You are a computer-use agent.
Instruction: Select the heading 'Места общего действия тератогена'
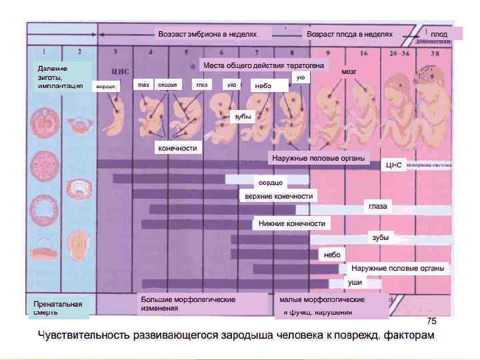[263, 65]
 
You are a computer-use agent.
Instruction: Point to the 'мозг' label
[349, 71]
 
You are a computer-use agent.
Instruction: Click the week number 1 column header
[44, 51]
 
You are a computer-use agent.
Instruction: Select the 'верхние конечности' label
[279, 196]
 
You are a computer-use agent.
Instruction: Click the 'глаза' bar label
[378, 207]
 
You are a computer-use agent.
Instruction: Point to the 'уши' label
[355, 283]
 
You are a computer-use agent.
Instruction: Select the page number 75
[431, 321]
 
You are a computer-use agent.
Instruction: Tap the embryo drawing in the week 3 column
[117, 110]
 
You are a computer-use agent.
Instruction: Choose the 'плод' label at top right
[439, 33]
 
